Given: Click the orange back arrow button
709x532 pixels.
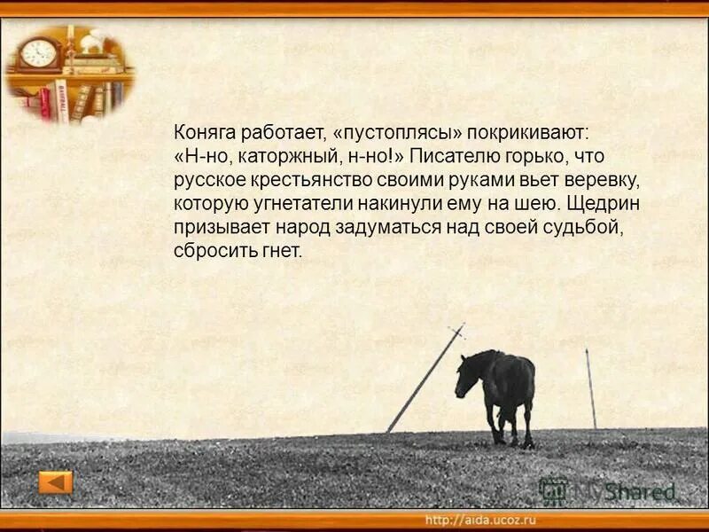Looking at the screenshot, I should pyautogui.click(x=56, y=482).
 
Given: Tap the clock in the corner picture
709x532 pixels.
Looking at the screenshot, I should pyautogui.click(x=38, y=53).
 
